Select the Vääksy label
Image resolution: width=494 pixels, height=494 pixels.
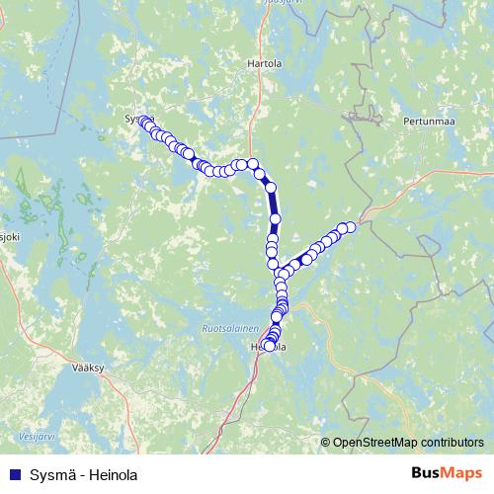(88, 366)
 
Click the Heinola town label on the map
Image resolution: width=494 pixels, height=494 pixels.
(269, 348)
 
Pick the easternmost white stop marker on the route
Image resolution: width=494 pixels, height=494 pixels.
(350, 226)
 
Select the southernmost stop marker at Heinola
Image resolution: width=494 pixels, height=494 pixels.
(269, 347)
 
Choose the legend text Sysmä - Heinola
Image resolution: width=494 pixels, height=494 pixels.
(83, 475)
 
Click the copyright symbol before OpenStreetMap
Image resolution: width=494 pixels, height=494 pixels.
(326, 443)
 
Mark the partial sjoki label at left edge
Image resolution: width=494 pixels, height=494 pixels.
(9, 237)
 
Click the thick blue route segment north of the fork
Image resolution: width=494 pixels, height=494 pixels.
(274, 203)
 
